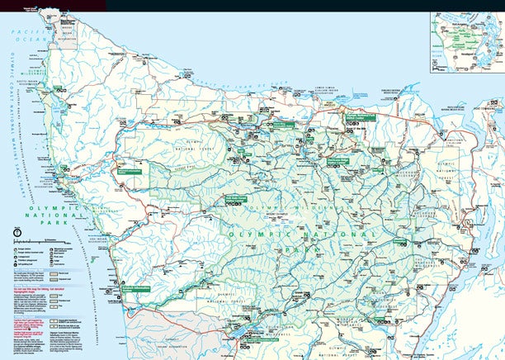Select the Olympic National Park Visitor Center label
(361, 117)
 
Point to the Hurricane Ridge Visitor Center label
(339, 159)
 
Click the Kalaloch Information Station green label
(139, 287)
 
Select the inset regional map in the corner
(466, 41)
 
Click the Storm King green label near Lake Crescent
(285, 125)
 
